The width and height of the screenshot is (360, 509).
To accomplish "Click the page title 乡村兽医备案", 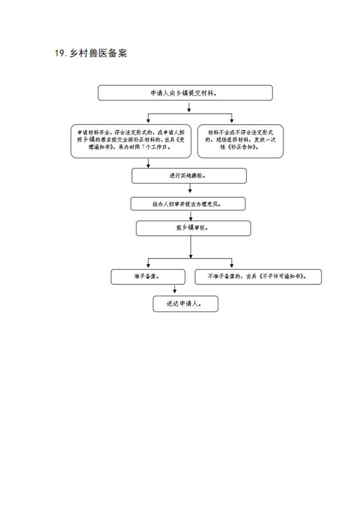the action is click(98, 53).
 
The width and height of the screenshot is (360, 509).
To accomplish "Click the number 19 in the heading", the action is click(60, 53).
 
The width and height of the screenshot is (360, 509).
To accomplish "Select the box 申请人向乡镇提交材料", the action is click(185, 93).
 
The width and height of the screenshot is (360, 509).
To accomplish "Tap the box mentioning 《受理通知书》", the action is click(131, 141).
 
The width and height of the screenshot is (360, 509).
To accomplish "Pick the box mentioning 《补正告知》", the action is click(241, 141).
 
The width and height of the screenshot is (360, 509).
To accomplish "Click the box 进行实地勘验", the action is click(189, 176).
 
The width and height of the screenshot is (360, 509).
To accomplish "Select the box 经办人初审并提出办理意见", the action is click(188, 204).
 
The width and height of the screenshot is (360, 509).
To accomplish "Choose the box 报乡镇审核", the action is click(193, 228).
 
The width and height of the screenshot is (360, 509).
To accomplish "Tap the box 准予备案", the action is click(148, 277).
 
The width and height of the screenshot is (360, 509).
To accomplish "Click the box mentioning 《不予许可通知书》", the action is click(258, 277).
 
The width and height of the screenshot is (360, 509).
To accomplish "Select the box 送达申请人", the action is click(186, 304).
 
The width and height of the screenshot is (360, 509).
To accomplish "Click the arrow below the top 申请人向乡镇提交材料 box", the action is click(189, 108).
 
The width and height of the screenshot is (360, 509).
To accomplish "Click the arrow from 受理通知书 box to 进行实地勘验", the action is click(148, 163).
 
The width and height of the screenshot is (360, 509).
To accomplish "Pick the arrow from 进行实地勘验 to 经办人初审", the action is click(190, 188).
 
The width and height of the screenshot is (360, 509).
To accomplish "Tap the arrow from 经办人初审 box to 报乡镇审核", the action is click(191, 216).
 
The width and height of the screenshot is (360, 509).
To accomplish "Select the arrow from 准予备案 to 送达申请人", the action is click(175, 289).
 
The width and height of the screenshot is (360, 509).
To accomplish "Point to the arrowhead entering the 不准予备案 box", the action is click(232, 266).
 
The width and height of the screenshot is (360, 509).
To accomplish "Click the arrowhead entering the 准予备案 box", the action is click(148, 266).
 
